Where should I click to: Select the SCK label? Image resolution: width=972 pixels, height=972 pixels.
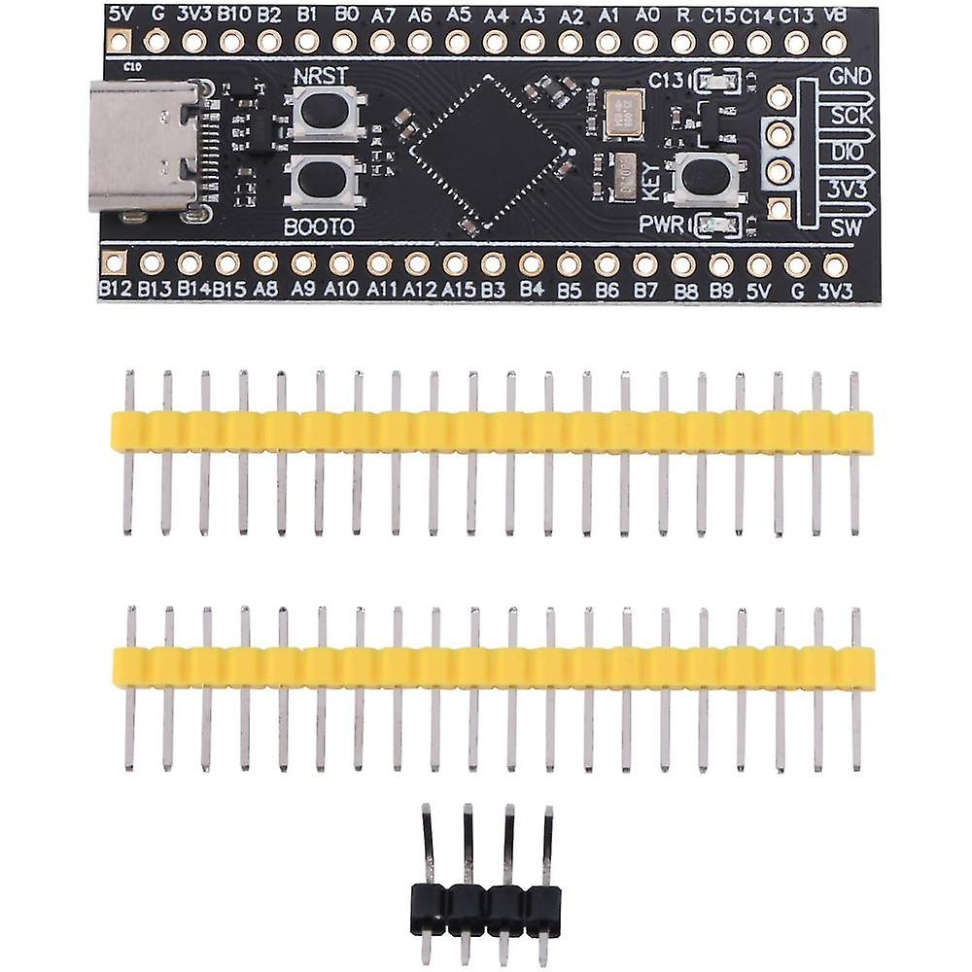click(x=850, y=114)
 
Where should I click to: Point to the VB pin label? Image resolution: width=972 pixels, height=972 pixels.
click(x=833, y=15)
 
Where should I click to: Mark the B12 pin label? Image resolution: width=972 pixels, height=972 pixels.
click(x=115, y=289)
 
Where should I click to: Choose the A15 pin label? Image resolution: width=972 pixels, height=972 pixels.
click(x=457, y=289)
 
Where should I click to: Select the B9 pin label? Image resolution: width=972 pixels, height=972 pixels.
click(x=720, y=289)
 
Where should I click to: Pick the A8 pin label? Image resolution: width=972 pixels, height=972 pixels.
click(x=266, y=289)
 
